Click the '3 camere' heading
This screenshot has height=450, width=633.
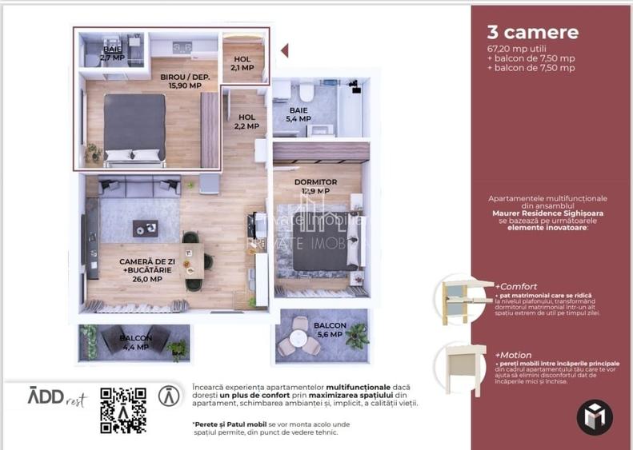532,33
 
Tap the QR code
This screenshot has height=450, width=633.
122,410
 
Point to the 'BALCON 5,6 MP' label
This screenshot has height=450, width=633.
330,330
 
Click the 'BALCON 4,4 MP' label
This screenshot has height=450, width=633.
134,342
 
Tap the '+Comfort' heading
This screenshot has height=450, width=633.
516,286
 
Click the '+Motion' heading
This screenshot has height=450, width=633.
514,354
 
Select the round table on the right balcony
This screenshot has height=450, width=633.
299,337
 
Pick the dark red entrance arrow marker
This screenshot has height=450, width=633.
284,50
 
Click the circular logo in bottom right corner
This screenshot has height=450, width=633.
595,416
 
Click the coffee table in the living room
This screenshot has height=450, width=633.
145,228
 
